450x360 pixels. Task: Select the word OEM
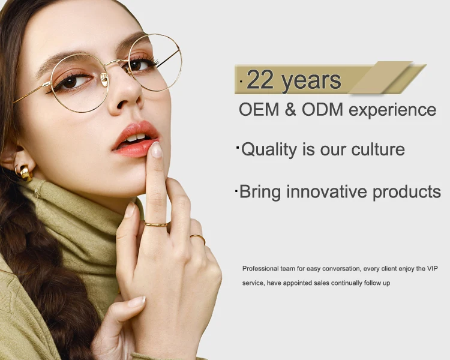(x=259, y=110)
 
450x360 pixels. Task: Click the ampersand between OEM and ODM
(x=290, y=110)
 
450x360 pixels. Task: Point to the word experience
(x=392, y=111)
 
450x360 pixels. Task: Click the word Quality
(x=269, y=150)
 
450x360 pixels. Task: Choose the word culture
(x=378, y=149)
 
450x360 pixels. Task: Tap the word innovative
(x=326, y=191)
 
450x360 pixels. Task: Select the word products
(x=407, y=193)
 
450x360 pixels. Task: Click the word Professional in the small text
(x=260, y=269)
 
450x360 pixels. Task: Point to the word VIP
(x=432, y=269)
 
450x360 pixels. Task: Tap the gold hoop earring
(x=25, y=173)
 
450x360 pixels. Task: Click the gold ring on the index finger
(x=156, y=224)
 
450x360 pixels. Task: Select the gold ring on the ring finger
(x=198, y=238)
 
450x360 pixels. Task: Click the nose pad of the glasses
(x=104, y=79)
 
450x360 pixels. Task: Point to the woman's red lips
(x=136, y=139)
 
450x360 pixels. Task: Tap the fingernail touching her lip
(x=157, y=149)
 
